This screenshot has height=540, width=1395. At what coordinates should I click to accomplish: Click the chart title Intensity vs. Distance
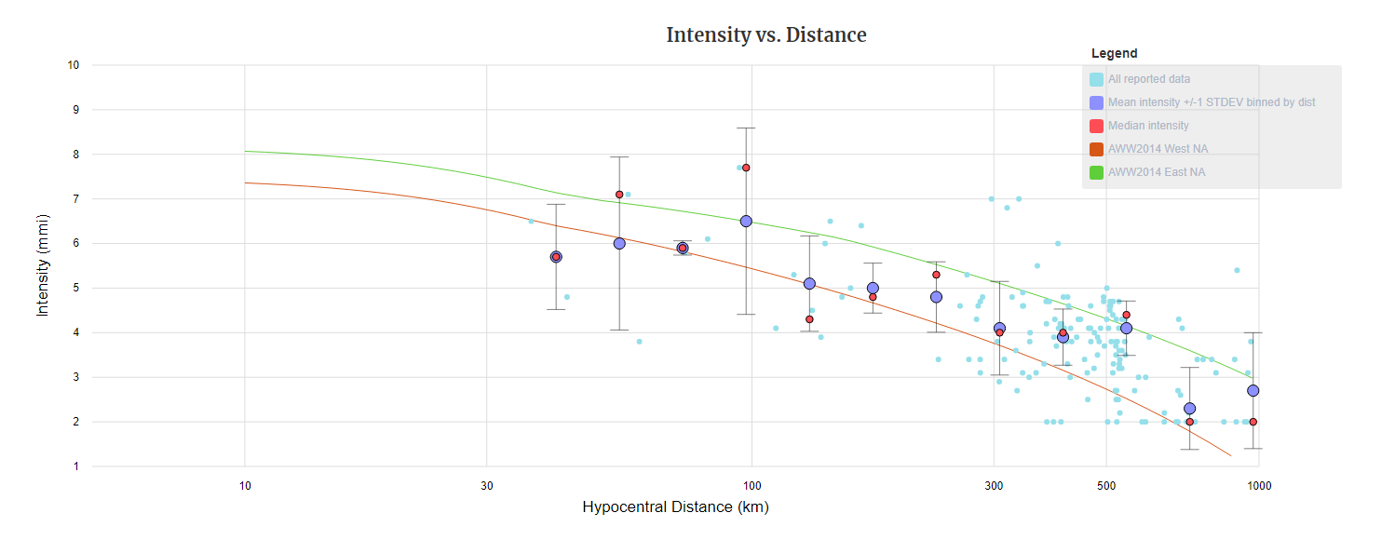765,35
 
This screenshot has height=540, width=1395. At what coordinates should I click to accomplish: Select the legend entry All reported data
1148,79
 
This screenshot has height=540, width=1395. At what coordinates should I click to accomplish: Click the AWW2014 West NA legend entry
1158,149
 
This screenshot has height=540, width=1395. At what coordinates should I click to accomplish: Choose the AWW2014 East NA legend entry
1156,172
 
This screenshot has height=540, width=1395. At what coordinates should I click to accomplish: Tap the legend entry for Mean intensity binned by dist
1211,102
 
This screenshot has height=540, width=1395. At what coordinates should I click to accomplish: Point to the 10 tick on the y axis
74,65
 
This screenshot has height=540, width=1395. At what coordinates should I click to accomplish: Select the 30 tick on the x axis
486,485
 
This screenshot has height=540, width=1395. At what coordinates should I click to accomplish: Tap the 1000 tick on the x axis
1259,485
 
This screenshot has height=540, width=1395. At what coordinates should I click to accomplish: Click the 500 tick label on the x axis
1105,485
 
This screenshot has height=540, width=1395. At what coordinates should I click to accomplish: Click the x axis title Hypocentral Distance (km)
675,507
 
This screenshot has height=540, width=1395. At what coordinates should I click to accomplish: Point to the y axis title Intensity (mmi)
42,265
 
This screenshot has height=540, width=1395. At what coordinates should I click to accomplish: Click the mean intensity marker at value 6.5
746,221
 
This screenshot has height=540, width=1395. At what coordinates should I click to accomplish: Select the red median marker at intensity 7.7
746,168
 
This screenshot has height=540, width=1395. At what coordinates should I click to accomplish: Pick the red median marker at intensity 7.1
619,195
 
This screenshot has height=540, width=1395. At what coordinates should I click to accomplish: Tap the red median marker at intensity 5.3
936,275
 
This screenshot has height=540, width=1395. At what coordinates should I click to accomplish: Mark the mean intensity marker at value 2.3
1189,409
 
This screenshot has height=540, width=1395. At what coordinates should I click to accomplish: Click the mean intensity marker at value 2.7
1253,391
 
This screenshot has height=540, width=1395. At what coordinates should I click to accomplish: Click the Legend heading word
1114,54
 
